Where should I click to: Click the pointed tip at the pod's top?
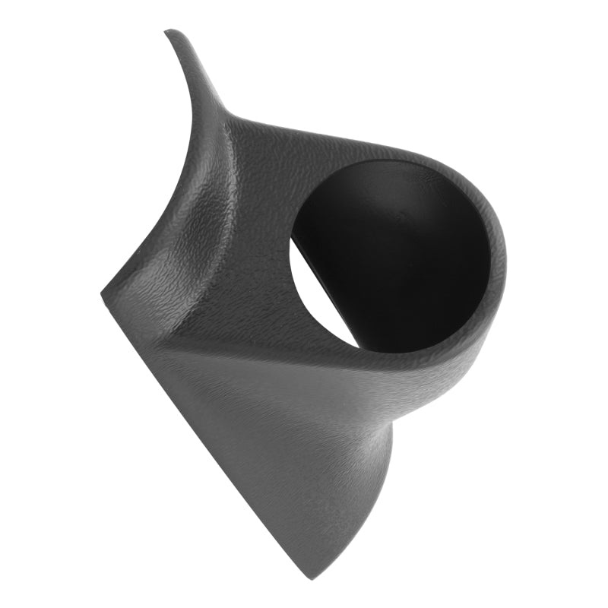point(170,32)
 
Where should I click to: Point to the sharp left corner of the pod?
point(103,293)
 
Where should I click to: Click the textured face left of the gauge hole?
point(251,243)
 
